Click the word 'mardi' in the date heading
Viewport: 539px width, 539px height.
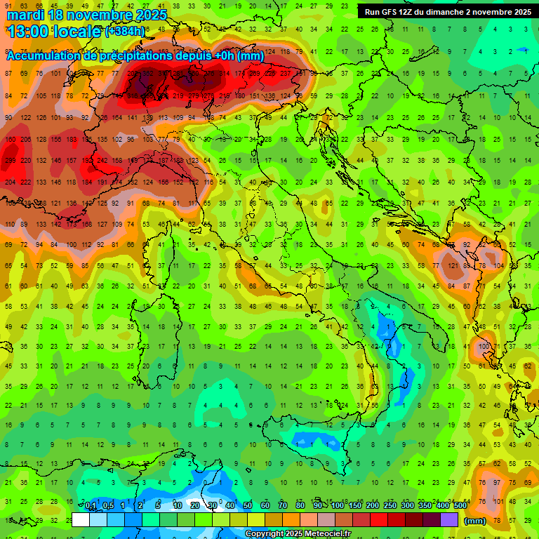(x=26, y=15)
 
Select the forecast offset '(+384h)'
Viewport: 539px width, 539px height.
(x=125, y=32)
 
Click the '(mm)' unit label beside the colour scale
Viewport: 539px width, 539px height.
(x=475, y=521)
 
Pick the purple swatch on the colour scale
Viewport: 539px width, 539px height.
(x=449, y=519)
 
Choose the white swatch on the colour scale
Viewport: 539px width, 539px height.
(x=81, y=519)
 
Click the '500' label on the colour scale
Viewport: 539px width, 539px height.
(x=460, y=506)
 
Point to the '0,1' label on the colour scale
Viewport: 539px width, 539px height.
(x=91, y=506)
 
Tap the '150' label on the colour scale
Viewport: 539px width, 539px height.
(x=354, y=506)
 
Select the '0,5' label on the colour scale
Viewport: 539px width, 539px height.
(x=108, y=506)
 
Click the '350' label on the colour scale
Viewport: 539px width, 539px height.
(x=425, y=506)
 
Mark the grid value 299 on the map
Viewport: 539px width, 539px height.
(x=10, y=161)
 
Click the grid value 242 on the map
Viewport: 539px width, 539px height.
(x=102, y=161)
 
